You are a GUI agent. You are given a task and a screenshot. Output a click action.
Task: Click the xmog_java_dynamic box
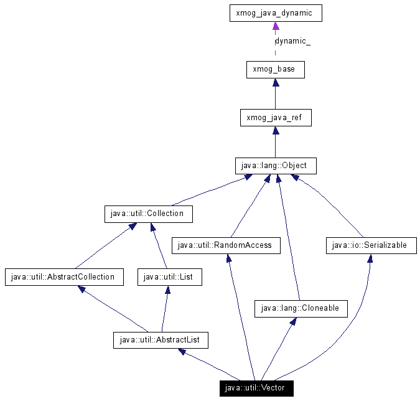275,13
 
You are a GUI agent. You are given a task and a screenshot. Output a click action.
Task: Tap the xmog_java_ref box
275,117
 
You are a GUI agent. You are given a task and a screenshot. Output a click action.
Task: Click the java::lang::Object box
275,166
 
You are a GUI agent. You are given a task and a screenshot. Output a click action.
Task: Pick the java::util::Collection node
148,214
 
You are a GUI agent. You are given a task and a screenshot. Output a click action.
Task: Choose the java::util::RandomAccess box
225,245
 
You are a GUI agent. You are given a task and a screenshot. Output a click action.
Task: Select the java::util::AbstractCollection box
63,277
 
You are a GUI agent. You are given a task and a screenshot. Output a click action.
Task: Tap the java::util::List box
170,277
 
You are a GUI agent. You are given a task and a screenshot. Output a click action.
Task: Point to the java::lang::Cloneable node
301,308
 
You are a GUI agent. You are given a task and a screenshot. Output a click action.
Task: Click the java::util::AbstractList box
161,340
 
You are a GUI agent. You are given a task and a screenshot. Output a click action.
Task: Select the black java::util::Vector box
256,389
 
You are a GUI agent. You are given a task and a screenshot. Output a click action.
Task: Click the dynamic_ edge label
292,42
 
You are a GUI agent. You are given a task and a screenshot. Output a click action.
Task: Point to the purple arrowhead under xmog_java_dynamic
275,26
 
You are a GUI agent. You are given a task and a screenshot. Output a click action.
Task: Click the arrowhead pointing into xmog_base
275,83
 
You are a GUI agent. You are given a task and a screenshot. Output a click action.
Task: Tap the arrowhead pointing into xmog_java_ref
275,131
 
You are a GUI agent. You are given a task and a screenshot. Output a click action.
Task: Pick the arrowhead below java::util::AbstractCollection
82,289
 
